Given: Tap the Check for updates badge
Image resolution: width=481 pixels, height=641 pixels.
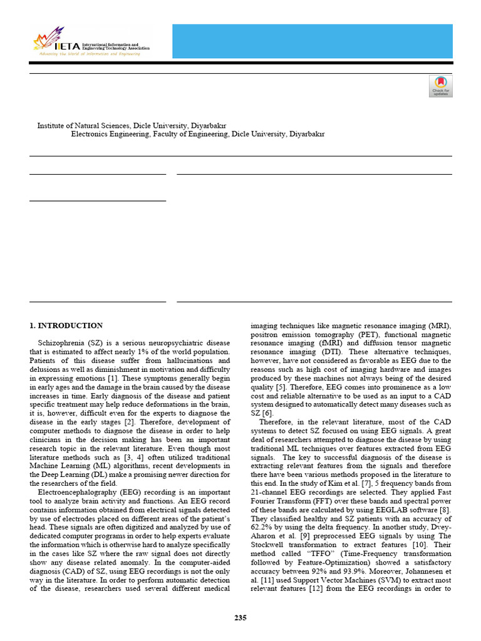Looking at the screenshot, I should click(440, 86).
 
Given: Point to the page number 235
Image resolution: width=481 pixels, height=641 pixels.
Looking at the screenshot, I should click(240, 618).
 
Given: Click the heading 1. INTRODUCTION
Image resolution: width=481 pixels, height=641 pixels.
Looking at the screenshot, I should click(66, 326).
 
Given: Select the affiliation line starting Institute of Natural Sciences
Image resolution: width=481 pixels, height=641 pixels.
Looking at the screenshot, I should click(132, 125).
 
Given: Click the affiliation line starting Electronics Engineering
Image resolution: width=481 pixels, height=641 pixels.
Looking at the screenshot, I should click(198, 134).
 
